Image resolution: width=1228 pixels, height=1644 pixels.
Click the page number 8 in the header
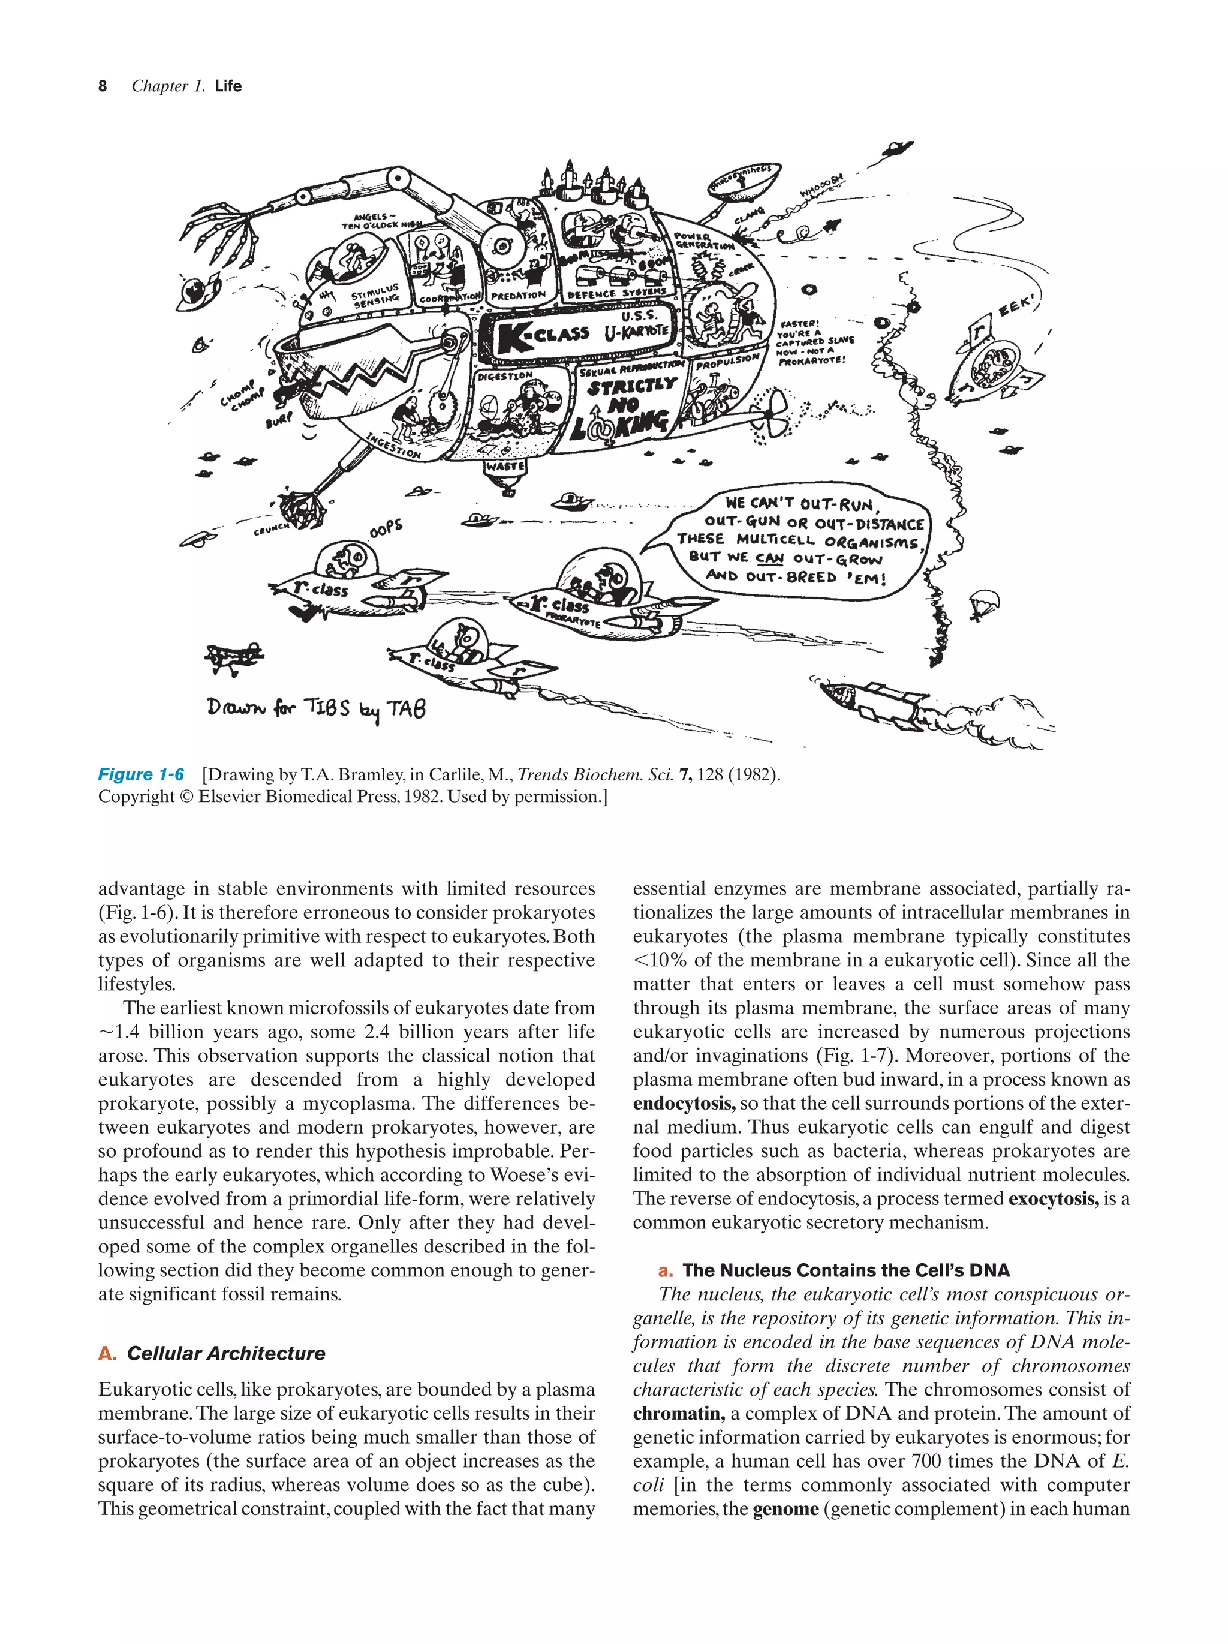[103, 86]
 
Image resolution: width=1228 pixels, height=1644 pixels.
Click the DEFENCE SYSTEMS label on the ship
[616, 293]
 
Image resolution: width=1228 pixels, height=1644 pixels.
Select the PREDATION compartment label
[519, 295]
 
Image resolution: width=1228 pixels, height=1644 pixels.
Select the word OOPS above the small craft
[385, 528]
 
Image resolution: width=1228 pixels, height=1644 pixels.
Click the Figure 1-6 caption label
[141, 774]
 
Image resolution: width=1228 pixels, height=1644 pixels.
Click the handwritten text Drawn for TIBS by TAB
[316, 708]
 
